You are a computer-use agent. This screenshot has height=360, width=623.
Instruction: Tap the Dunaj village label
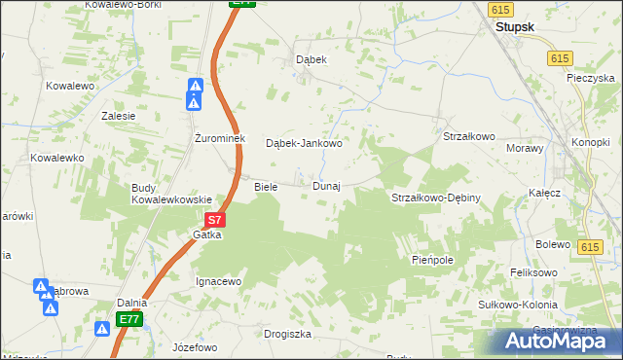click(x=326, y=186)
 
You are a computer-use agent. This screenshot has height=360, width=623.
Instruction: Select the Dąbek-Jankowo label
click(x=304, y=143)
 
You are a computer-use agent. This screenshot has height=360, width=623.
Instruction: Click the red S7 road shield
click(x=217, y=222)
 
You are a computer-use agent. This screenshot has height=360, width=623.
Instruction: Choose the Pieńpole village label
click(x=433, y=262)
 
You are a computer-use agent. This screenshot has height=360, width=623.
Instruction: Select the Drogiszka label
click(x=287, y=334)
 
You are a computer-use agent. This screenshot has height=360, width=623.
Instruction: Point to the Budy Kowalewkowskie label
click(x=172, y=193)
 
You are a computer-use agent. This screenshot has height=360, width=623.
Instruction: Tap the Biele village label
click(x=266, y=186)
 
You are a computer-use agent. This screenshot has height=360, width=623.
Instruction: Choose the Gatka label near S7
click(x=207, y=234)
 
